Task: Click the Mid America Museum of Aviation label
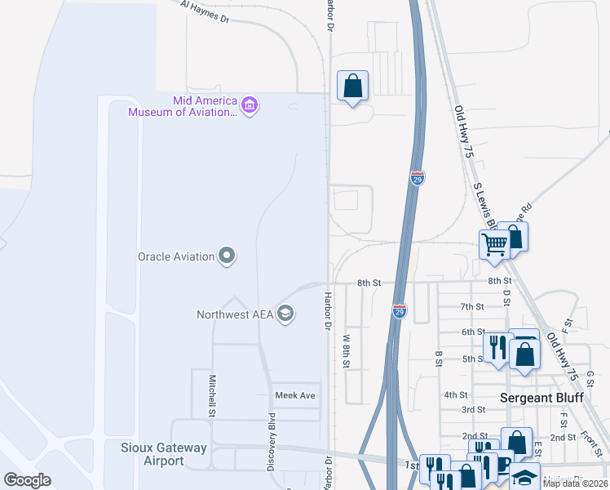182,106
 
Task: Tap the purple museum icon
250,105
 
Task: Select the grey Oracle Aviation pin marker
228,256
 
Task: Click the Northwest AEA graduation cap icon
285,314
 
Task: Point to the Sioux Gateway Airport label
164,454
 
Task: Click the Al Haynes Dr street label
206,12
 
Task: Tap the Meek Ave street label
294,395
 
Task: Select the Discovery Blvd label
272,441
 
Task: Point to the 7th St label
472,306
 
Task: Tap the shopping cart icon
494,244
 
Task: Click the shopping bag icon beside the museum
352,86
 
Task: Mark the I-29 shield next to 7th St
399,310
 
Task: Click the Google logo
27,480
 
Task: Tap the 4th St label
455,394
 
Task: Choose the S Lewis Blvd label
484,204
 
